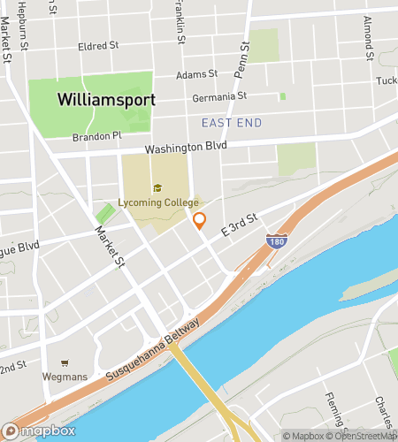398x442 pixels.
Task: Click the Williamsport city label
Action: click(106, 99)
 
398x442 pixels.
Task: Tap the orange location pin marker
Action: click(200, 221)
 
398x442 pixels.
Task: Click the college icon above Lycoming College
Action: click(157, 188)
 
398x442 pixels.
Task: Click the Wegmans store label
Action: click(65, 376)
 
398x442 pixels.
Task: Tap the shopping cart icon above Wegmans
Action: click(65, 362)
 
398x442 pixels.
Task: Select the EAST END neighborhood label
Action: click(232, 122)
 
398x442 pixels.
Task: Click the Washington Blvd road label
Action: click(187, 147)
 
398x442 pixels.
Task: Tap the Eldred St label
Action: click(98, 45)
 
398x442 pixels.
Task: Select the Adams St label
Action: click(196, 75)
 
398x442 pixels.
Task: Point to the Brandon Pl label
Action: click(96, 136)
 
